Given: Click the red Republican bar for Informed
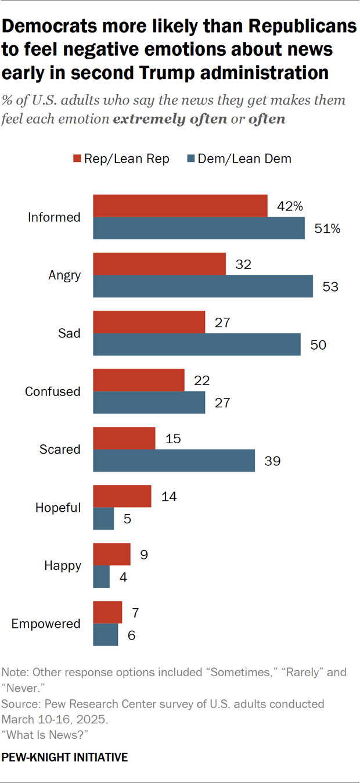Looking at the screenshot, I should [180, 206].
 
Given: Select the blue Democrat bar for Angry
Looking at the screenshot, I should [203, 286].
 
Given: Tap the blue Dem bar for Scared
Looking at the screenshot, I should [174, 461].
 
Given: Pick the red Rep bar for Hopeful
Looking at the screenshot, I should [122, 496].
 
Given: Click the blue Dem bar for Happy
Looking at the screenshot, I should [102, 577].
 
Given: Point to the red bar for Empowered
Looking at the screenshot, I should [108, 612].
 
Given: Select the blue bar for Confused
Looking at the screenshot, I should [149, 403].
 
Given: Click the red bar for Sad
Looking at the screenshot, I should [149, 322].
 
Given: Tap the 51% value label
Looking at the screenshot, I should [327, 229].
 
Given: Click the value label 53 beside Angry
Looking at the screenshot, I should [330, 287].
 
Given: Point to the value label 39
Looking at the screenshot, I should [272, 461].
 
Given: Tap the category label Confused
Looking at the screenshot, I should [52, 392].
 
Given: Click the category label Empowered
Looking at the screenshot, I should [46, 624].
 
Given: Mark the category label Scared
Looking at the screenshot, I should [60, 450].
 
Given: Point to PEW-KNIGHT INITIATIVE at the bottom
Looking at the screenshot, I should [64, 757].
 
